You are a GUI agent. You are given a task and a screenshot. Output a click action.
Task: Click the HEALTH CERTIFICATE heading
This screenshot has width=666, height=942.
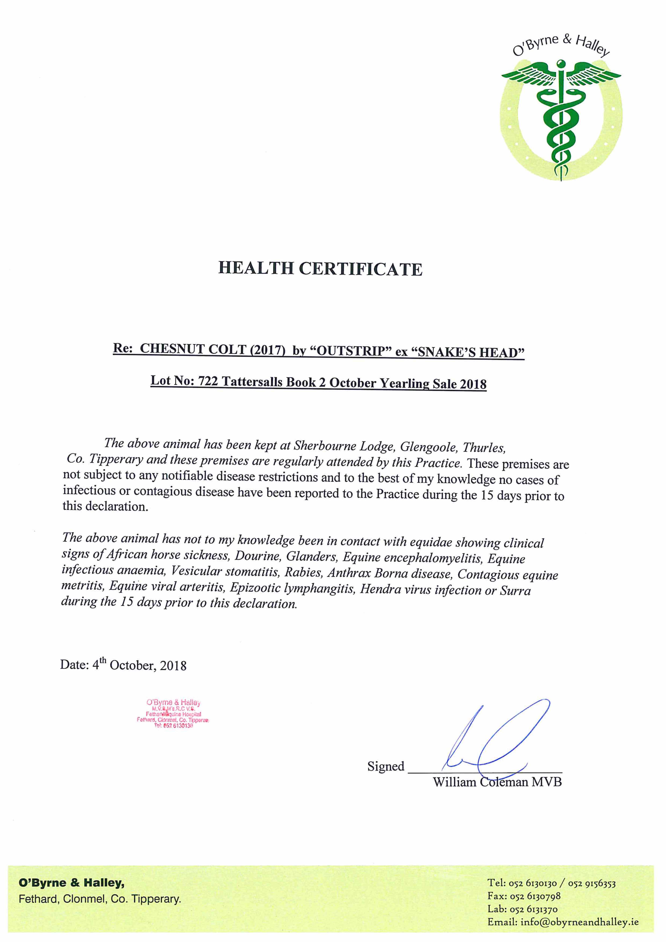click(x=320, y=269)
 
